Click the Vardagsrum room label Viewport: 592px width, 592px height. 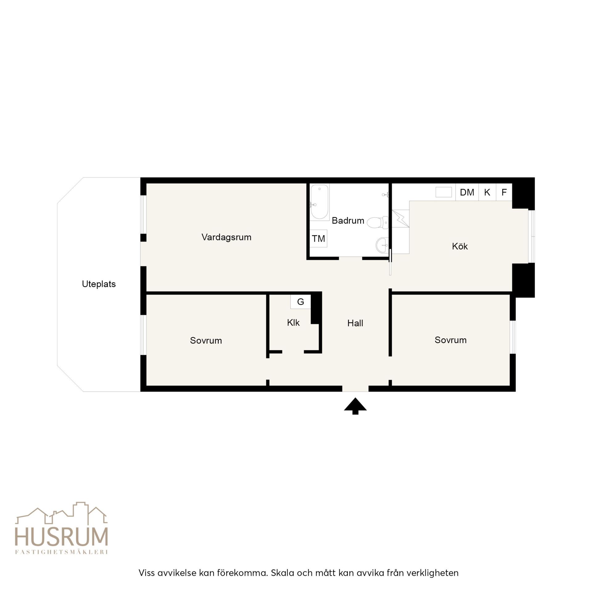coord(226,237)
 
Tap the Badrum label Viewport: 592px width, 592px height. coord(348,221)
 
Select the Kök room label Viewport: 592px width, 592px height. coord(460,246)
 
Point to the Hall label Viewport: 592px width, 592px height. coord(355,323)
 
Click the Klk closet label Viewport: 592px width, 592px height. coord(293,323)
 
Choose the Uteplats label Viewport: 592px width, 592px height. coord(99,284)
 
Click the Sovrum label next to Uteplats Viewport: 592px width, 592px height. coord(206,340)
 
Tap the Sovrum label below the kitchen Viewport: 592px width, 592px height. coord(450,340)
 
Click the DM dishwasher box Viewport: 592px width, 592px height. coord(467,192)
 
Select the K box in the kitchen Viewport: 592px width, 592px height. coord(487,192)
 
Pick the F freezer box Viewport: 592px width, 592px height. coord(504,192)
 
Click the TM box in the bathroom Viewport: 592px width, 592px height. coord(319,239)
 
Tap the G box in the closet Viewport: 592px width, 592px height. coord(301,302)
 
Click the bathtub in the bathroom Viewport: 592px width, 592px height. coord(320,202)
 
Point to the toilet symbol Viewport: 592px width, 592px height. coord(377,222)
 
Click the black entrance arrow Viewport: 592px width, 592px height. coord(355,406)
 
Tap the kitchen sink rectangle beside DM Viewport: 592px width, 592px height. coord(443,192)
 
